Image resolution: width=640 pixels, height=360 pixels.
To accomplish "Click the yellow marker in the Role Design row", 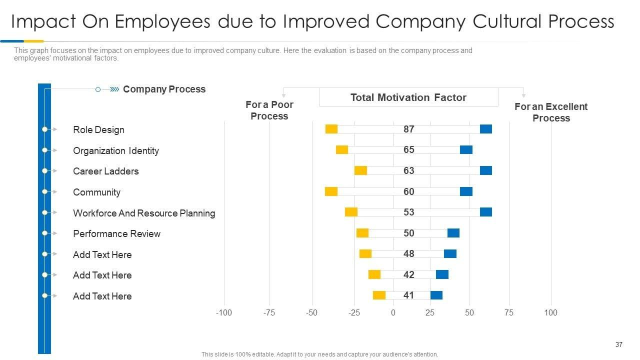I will pyautogui.click(x=331, y=129).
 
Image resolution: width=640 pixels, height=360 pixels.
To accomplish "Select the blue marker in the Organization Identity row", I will pyautogui.click(x=466, y=150).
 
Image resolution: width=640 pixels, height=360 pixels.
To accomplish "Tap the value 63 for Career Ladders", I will pyautogui.click(x=409, y=170).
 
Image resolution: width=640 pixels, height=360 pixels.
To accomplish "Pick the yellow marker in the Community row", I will pyautogui.click(x=331, y=191).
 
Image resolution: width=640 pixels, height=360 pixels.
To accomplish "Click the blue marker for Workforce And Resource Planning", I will pyautogui.click(x=486, y=212).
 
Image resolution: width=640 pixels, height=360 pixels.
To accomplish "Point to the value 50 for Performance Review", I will pyautogui.click(x=409, y=233).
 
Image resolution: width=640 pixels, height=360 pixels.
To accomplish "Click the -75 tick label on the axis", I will pyautogui.click(x=269, y=312).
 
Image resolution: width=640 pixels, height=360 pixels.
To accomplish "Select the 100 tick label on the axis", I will pyautogui.click(x=550, y=312).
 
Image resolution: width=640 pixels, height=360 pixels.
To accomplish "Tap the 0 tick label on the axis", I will pyautogui.click(x=393, y=312).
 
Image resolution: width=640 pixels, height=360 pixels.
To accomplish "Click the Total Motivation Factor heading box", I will pyautogui.click(x=408, y=97).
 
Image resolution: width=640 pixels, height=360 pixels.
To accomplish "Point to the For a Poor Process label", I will pyautogui.click(x=269, y=110).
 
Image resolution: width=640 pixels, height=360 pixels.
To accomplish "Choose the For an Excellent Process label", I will pyautogui.click(x=551, y=112).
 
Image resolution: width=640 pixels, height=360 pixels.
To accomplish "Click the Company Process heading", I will pyautogui.click(x=164, y=89).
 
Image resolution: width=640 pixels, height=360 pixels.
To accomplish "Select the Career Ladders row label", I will pyautogui.click(x=106, y=171).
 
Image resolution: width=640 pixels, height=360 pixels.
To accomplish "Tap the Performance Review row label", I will pyautogui.click(x=116, y=233).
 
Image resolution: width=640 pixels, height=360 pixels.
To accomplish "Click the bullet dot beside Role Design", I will pyautogui.click(x=44, y=129).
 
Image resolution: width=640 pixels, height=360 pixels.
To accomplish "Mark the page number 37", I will pyautogui.click(x=618, y=344).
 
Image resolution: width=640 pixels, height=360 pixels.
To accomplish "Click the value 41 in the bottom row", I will pyautogui.click(x=409, y=295).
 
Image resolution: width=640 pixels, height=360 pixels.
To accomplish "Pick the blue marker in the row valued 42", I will pyautogui.click(x=442, y=274).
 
